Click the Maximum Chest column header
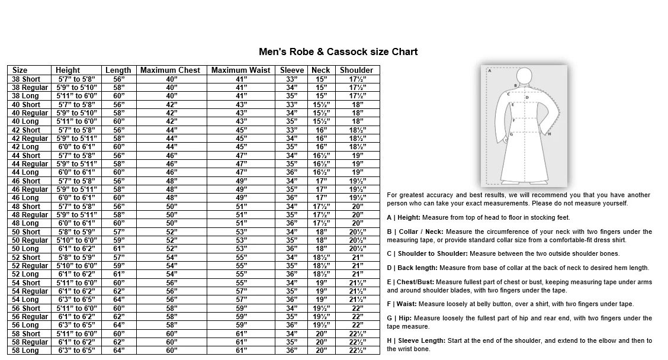coord(171,70)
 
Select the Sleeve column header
coord(292,70)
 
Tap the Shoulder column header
coord(357,70)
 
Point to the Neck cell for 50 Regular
coord(321,240)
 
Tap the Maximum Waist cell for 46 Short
coord(241,181)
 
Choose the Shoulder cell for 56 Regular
coord(357,317)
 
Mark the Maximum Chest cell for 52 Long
coord(171,274)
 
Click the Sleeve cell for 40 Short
coord(291,104)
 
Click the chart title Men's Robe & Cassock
coord(338,52)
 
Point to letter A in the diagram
coord(490,70)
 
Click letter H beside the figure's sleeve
coord(550,134)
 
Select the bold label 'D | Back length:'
coord(414,268)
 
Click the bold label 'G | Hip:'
coord(400,318)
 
